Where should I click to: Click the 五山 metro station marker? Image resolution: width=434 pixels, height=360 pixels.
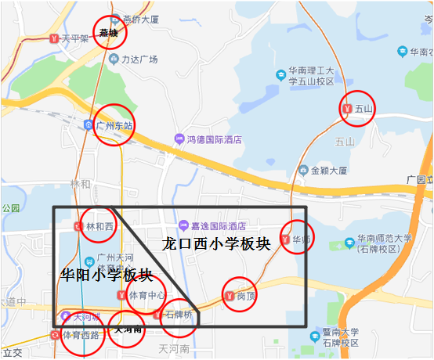[348, 109]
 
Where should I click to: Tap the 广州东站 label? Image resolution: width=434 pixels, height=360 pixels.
[114, 125]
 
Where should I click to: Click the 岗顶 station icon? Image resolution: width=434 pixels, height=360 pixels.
[229, 296]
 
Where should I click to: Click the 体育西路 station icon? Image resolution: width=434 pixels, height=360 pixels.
[54, 335]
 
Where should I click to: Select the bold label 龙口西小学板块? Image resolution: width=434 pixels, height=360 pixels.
[215, 243]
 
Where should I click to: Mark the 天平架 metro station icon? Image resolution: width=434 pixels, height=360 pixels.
[52, 37]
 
